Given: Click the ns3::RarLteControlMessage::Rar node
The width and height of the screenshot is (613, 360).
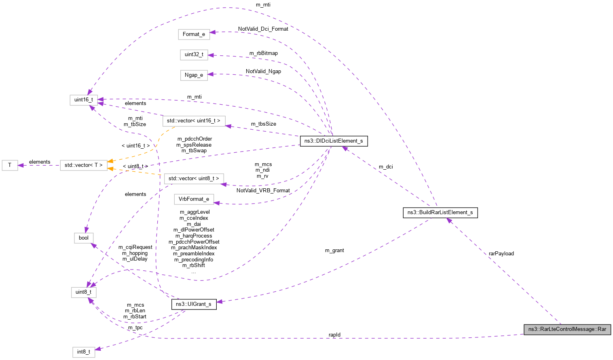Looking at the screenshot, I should click(x=567, y=329).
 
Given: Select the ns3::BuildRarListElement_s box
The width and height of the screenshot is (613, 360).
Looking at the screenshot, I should click(x=440, y=213).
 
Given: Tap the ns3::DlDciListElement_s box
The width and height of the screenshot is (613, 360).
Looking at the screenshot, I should click(x=334, y=141).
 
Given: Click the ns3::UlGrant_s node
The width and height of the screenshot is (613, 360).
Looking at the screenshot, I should click(x=194, y=304).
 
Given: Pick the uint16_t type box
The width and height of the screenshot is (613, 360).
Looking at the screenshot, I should click(x=84, y=100).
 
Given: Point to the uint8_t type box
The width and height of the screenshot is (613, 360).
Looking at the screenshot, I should click(x=84, y=292).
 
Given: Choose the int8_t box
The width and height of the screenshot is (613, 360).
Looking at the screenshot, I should click(x=84, y=352).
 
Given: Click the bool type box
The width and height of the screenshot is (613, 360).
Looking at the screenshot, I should click(x=84, y=238).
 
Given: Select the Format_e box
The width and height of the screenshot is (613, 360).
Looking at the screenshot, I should click(x=194, y=34).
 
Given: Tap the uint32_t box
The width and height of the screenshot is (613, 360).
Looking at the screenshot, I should click(x=194, y=55).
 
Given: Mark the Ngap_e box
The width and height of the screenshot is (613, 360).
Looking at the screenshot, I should click(x=194, y=75).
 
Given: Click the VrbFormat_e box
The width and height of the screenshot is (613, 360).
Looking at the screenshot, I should click(x=194, y=199).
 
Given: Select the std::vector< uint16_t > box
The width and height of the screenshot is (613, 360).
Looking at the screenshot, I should click(x=194, y=121).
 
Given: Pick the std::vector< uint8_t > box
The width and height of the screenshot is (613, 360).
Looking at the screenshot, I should click(x=194, y=179).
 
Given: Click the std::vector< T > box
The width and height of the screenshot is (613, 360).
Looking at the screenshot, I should click(x=84, y=165).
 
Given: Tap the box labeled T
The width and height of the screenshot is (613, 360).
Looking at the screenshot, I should click(x=10, y=165).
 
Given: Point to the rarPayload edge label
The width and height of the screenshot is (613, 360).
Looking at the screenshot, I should click(x=501, y=254).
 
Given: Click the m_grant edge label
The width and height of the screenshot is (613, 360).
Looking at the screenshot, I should click(x=334, y=251).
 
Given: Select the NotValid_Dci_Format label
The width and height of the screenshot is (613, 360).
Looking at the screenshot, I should click(x=263, y=29).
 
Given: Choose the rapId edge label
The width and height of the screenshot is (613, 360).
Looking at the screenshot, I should click(x=334, y=335).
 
